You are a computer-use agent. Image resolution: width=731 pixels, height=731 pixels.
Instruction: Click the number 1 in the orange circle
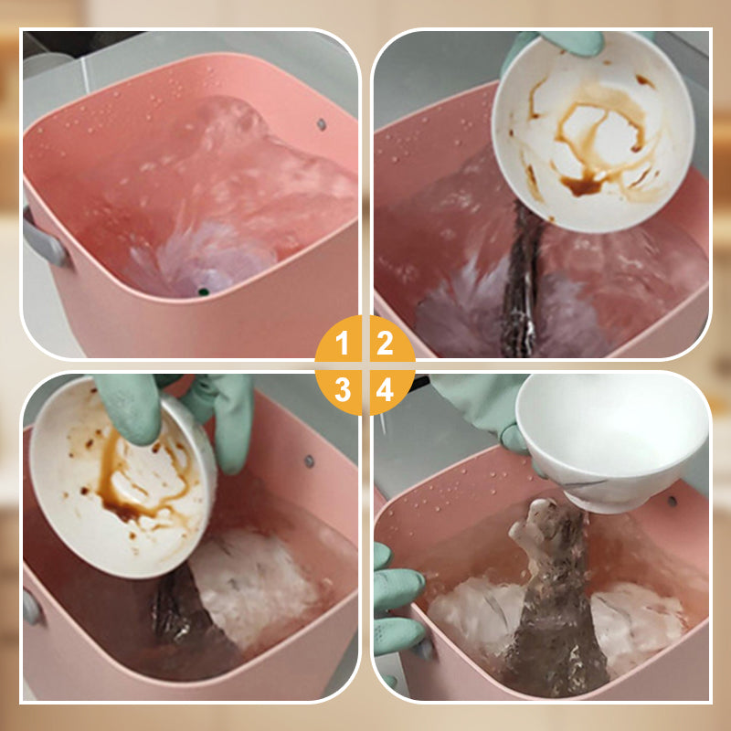(x=343, y=343)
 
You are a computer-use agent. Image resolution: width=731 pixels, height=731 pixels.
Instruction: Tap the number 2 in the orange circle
(x=385, y=343)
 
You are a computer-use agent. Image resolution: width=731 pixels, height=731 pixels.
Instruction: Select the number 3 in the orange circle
(x=343, y=389)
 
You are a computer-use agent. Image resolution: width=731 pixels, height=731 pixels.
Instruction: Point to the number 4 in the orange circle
(x=385, y=389)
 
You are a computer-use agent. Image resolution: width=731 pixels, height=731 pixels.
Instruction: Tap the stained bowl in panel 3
(x=122, y=481)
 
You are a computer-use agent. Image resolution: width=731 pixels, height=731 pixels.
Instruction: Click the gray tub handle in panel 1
(x=43, y=240)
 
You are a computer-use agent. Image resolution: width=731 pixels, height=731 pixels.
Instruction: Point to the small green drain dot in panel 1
(x=203, y=292)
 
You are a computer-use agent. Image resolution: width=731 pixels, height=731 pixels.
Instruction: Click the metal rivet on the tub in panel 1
(x=322, y=124)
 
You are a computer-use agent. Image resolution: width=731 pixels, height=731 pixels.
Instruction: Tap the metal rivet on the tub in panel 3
(x=309, y=461)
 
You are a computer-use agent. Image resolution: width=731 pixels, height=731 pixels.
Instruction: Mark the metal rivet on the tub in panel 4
(x=672, y=502)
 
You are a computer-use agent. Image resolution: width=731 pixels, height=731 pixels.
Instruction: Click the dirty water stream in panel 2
(x=522, y=280)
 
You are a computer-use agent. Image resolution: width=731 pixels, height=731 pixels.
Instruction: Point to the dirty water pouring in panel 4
(x=555, y=601)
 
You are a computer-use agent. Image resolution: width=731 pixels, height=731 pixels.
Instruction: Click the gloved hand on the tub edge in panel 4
(x=397, y=606)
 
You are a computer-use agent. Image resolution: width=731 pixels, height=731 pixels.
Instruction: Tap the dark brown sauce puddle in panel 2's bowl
(x=581, y=185)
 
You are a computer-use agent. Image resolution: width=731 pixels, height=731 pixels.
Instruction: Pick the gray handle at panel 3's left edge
(x=33, y=606)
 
